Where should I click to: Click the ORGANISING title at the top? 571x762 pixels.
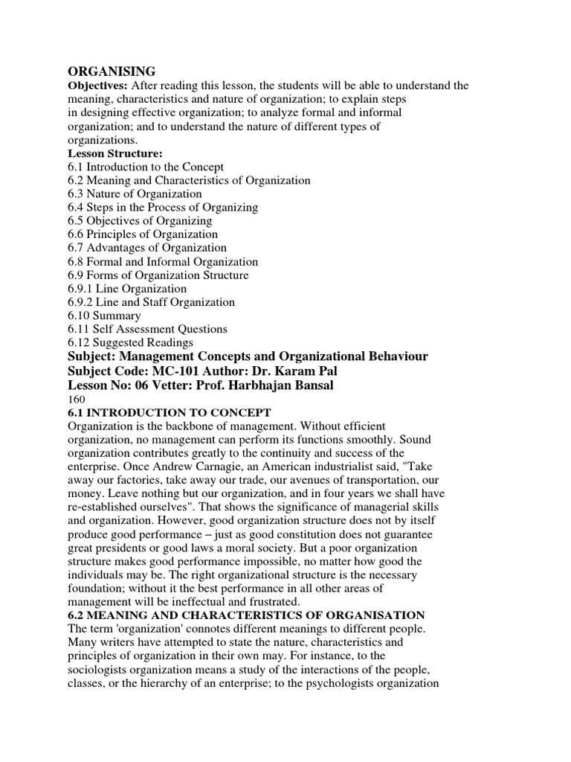click(112, 71)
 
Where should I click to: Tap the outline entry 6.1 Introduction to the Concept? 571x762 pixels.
click(146, 167)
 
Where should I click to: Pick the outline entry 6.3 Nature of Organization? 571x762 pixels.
click(135, 194)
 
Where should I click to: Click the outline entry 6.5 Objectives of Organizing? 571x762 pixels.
click(140, 221)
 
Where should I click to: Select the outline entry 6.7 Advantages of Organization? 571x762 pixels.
click(147, 248)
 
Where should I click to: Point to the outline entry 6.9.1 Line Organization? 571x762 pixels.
click(127, 289)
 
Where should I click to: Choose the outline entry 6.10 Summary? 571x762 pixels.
click(104, 316)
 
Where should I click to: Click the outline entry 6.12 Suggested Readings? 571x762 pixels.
click(130, 342)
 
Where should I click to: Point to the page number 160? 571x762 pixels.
click(77, 399)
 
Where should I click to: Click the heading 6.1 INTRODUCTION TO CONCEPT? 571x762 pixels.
click(170, 412)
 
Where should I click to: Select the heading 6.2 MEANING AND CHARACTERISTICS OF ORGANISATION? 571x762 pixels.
click(246, 615)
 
